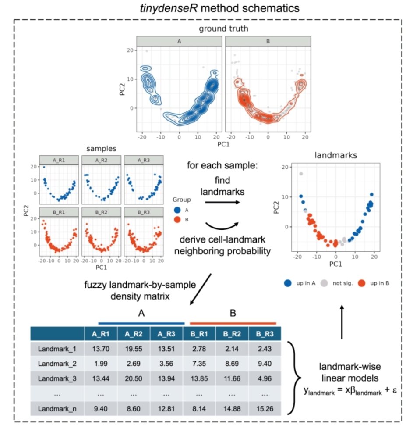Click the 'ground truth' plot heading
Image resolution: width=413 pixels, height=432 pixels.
tap(224, 29)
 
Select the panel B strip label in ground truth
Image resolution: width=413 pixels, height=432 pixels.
tap(268, 41)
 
